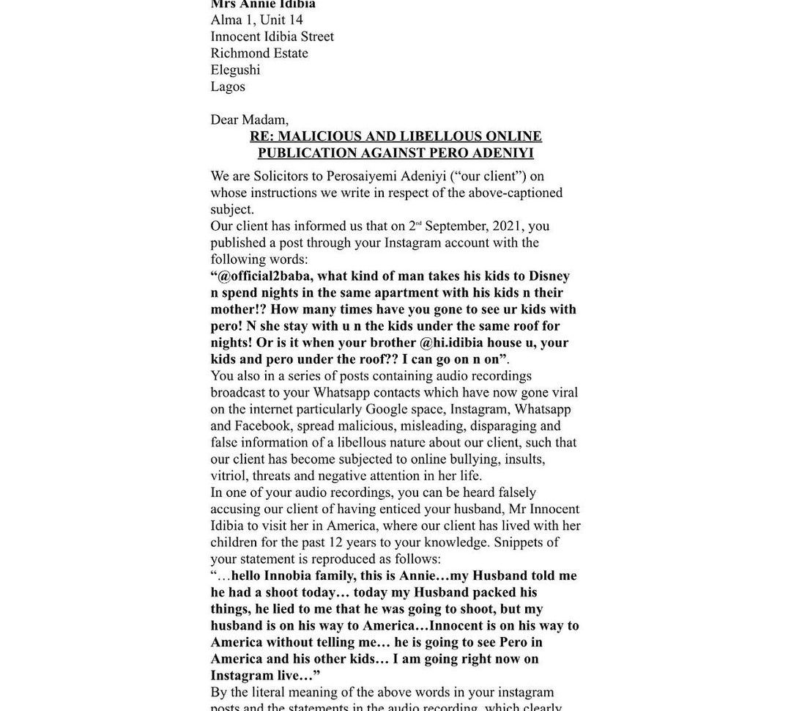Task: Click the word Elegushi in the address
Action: (x=235, y=70)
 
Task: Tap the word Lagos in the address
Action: (x=228, y=86)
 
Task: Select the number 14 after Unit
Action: (x=295, y=20)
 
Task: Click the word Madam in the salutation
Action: (x=264, y=119)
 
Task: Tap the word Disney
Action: (x=549, y=276)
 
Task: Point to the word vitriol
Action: (x=228, y=476)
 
